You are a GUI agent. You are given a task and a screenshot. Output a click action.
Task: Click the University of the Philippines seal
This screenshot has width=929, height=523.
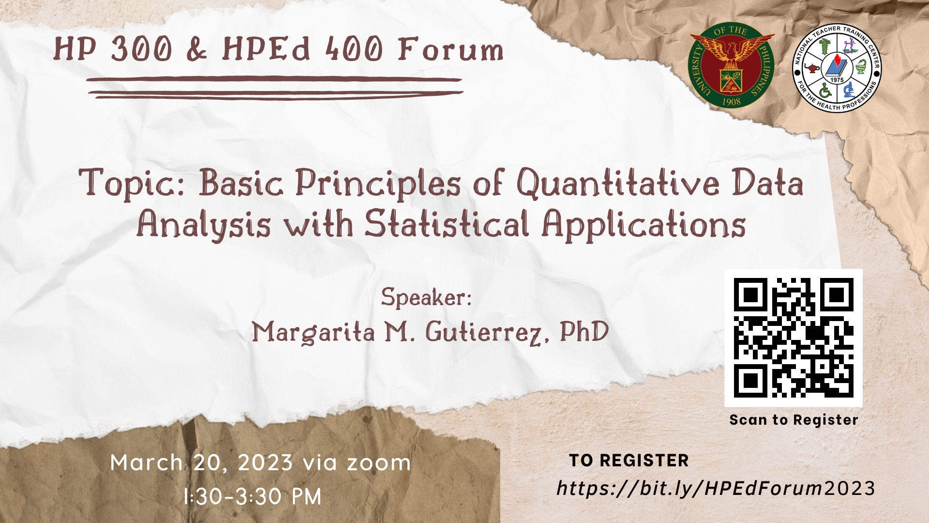pyautogui.click(x=731, y=67)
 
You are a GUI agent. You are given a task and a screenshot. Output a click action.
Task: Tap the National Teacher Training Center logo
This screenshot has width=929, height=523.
pyautogui.click(x=837, y=68)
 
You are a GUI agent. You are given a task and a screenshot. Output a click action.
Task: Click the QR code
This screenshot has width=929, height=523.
pyautogui.click(x=793, y=338)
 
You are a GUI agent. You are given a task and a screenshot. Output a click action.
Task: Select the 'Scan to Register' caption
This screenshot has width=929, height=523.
pyautogui.click(x=794, y=420)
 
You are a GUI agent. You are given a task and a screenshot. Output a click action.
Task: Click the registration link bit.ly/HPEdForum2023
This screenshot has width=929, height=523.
pyautogui.click(x=716, y=488)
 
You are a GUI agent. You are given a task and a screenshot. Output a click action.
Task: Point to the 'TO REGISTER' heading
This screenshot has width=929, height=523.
pyautogui.click(x=629, y=461)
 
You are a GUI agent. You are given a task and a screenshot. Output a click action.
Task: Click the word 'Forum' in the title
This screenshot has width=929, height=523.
pyautogui.click(x=450, y=49)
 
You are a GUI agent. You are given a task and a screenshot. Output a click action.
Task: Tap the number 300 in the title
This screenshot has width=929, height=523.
pyautogui.click(x=141, y=49)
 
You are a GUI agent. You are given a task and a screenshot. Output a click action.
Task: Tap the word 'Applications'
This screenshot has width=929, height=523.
pyautogui.click(x=644, y=225)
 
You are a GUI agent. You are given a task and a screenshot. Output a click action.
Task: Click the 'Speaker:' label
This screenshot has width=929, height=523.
pyautogui.click(x=426, y=297)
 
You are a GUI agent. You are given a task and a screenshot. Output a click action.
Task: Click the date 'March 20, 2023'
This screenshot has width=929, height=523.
pyautogui.click(x=201, y=463)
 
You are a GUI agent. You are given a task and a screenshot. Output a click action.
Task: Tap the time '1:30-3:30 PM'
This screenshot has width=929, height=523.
pyautogui.click(x=253, y=497)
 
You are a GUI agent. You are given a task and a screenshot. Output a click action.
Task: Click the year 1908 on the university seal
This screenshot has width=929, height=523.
pyautogui.click(x=731, y=101)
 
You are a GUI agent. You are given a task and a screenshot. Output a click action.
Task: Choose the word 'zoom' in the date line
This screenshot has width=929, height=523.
pyautogui.click(x=379, y=463)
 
